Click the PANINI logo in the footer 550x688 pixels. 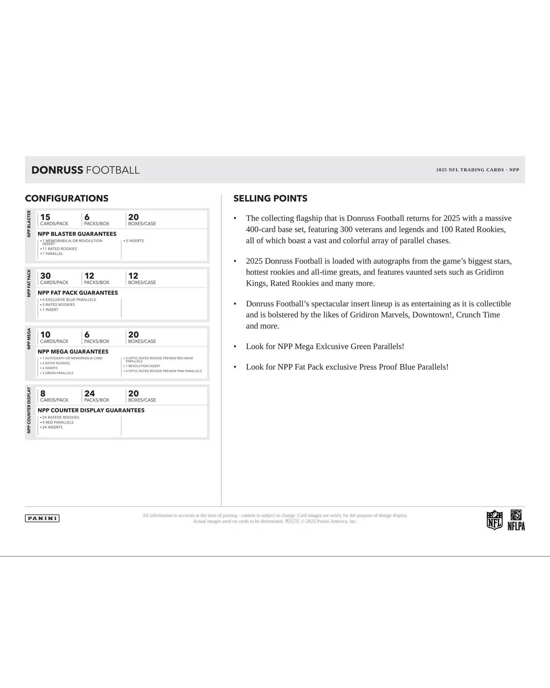click(x=42, y=518)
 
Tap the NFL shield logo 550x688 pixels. click(x=494, y=520)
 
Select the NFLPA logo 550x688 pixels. click(x=516, y=520)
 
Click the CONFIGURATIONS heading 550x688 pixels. click(x=67, y=198)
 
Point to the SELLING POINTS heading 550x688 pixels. click(x=270, y=198)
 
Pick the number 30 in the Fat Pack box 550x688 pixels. click(x=46, y=276)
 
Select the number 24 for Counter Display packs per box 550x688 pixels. click(x=90, y=394)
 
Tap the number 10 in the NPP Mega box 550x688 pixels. click(x=45, y=334)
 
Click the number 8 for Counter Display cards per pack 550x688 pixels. click(x=43, y=394)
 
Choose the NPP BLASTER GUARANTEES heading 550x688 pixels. click(x=77, y=234)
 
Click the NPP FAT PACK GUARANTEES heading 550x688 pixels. click(x=78, y=293)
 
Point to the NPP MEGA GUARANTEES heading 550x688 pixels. click(x=73, y=351)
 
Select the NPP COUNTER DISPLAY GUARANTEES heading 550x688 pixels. click(x=91, y=410)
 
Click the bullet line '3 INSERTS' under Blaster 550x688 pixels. click(x=134, y=241)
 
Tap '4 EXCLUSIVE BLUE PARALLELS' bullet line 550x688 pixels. click(x=69, y=300)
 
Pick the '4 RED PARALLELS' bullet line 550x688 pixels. click(x=58, y=422)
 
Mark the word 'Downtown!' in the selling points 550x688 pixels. click(x=433, y=315)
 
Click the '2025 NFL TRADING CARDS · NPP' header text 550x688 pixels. click(x=478, y=170)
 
